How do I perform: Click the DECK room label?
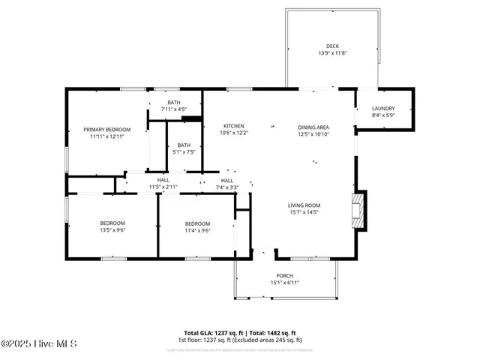[x=331, y=46]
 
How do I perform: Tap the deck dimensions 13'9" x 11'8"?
[x=331, y=53]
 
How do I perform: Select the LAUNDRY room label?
[x=383, y=108]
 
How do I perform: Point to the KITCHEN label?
[x=234, y=125]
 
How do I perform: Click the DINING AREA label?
[x=313, y=127]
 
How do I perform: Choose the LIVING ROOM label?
[x=304, y=205]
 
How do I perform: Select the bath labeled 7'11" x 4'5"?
[x=174, y=106]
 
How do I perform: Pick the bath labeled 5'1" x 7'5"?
[x=184, y=148]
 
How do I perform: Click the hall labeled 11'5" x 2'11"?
[x=163, y=184]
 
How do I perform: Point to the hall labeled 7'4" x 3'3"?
[x=226, y=184]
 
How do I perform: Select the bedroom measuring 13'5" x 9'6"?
[x=112, y=227]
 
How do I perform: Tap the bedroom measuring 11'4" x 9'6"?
[x=197, y=227]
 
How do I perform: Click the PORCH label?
[x=284, y=275]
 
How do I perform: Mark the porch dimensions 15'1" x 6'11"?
[x=284, y=283]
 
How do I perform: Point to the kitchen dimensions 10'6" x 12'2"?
[x=234, y=133]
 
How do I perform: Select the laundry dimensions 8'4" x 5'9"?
[x=383, y=115]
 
